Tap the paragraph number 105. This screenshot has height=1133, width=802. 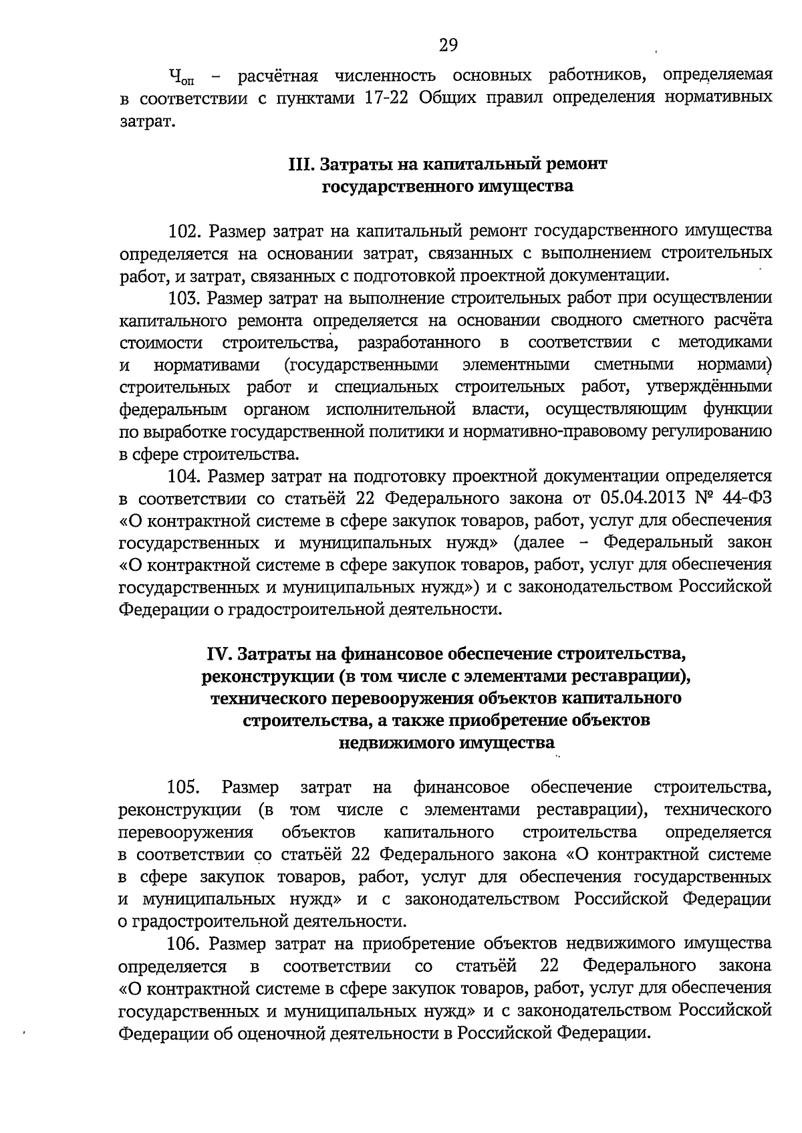[184, 787]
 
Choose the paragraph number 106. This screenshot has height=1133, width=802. [184, 943]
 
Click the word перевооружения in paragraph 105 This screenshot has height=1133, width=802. [185, 832]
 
